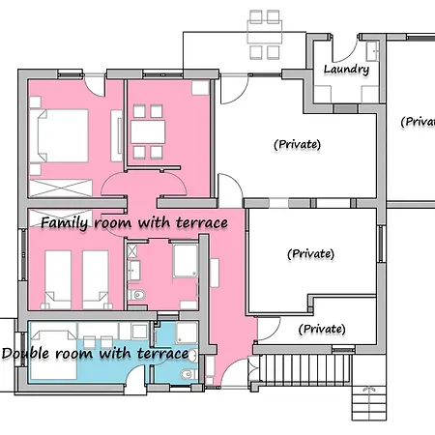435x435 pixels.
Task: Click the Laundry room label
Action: [x=346, y=70]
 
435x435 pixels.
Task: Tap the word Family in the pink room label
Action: [x=65, y=223]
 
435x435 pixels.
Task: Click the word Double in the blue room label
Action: [x=25, y=354]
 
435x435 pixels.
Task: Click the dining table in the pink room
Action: [x=148, y=132]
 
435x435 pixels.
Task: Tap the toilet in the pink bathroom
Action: [x=136, y=295]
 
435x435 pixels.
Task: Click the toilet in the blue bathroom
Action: [x=188, y=374]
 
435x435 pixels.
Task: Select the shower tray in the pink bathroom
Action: [x=186, y=261]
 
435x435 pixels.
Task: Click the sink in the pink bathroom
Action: [x=133, y=270]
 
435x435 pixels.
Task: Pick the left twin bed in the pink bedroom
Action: [x=58, y=279]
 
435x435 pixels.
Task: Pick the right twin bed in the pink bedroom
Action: [x=96, y=279]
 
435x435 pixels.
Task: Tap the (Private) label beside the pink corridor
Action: [x=310, y=254]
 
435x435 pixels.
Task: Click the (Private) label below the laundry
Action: [x=297, y=144]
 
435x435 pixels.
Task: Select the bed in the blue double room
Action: [x=54, y=355]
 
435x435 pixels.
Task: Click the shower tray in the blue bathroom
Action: [x=187, y=333]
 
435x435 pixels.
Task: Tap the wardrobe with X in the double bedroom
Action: [x=61, y=188]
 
